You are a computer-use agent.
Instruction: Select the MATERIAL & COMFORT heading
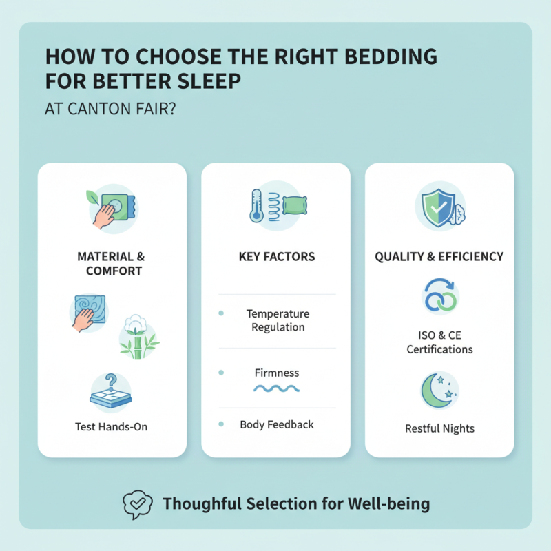click(112, 263)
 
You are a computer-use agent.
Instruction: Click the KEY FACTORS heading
click(276, 256)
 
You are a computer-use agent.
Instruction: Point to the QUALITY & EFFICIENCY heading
click(439, 256)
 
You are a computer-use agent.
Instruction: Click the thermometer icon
click(257, 205)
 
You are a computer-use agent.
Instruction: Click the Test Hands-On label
click(112, 426)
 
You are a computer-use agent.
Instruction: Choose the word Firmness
click(276, 373)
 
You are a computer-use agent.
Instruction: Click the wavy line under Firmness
click(276, 389)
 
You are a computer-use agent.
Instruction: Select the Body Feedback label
click(276, 424)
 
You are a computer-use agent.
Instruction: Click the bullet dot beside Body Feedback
click(221, 424)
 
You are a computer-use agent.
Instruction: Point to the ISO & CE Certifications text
click(439, 342)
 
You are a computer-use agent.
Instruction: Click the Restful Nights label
click(439, 428)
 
